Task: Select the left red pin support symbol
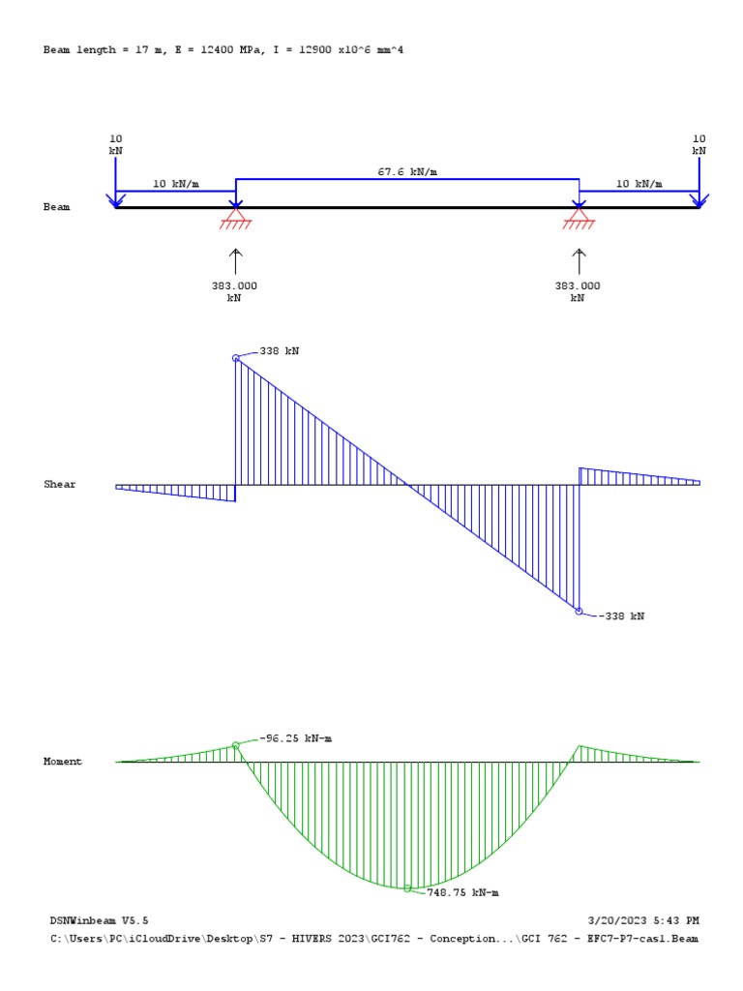pyautogui.click(x=235, y=218)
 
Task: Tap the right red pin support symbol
pyautogui.click(x=579, y=218)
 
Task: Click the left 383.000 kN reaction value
pyautogui.click(x=234, y=291)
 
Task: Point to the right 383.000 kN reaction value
pyautogui.click(x=578, y=291)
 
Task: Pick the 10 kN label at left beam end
pyautogui.click(x=115, y=144)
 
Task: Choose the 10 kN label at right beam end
pyautogui.click(x=698, y=144)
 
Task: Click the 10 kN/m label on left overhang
pyautogui.click(x=175, y=183)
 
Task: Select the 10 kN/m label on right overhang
pyautogui.click(x=639, y=183)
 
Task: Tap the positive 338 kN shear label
pyautogui.click(x=280, y=351)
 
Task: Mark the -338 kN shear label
pyautogui.click(x=621, y=616)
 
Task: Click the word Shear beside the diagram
pyautogui.click(x=60, y=484)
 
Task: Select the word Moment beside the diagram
pyautogui.click(x=63, y=762)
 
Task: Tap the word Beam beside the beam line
pyautogui.click(x=56, y=207)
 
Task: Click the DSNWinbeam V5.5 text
pyautogui.click(x=100, y=920)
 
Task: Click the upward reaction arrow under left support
pyautogui.click(x=235, y=261)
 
